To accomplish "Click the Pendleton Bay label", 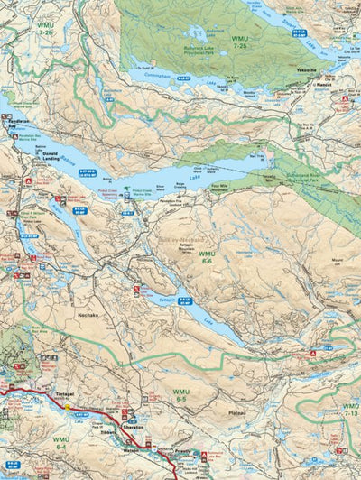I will tap(20, 123).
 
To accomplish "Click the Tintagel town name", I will tap(69, 395).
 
